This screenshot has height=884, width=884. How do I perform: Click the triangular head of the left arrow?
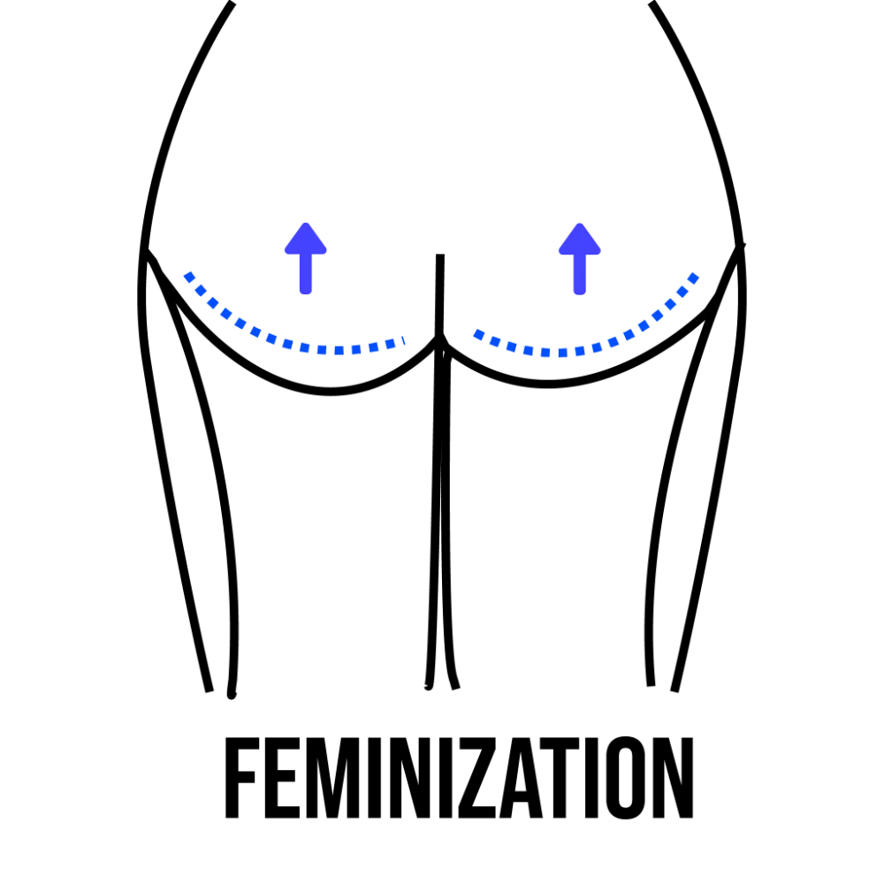click(x=307, y=241)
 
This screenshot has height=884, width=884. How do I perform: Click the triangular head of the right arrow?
click(x=579, y=241)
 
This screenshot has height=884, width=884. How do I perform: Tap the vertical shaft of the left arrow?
click(x=307, y=276)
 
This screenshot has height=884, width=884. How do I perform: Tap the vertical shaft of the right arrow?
click(x=579, y=276)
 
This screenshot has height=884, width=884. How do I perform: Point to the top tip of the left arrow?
click(x=307, y=221)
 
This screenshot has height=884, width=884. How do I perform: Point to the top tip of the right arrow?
click(x=579, y=221)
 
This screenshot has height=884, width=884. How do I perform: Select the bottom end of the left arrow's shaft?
click(x=307, y=293)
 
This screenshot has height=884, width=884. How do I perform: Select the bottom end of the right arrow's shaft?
click(x=579, y=293)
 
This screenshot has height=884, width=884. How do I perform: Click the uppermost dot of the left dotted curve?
click(x=188, y=277)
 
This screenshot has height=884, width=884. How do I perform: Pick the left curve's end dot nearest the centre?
click(x=403, y=339)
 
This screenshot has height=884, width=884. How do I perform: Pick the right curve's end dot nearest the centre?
click(x=478, y=334)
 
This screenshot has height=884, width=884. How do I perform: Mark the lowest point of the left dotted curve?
click(x=339, y=351)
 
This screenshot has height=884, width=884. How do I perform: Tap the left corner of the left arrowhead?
click(x=285, y=255)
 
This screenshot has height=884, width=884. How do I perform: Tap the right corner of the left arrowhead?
click(x=330, y=255)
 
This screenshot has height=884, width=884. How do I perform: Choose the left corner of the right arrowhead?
click(x=557, y=255)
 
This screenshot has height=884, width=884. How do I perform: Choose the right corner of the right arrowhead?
click(x=601, y=255)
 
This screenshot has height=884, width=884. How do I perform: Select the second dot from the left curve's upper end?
click(x=201, y=290)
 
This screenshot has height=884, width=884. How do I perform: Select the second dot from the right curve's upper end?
click(x=682, y=292)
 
